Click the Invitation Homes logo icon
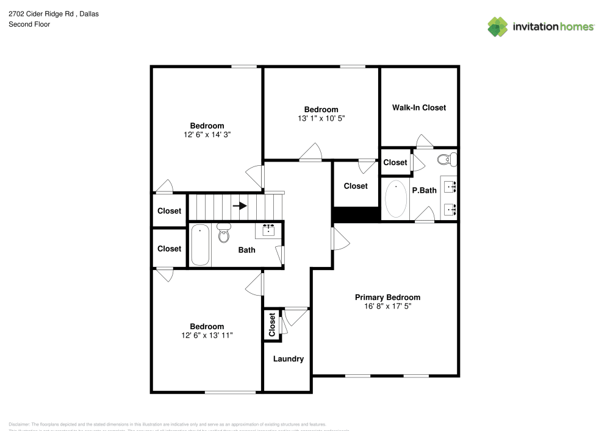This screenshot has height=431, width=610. pos(498,26)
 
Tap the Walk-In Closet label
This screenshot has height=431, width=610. pos(418,108)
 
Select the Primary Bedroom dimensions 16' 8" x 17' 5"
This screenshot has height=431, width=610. pos(387,307)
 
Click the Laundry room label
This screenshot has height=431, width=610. pos(288,359)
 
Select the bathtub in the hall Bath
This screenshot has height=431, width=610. pos(200,245)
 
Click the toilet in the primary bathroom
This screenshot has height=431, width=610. pos(447,160)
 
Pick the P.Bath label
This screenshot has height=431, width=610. pos(424,190)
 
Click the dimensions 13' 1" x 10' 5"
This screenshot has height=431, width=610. pos(321,118)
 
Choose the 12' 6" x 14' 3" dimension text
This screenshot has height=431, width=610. pos(207,134)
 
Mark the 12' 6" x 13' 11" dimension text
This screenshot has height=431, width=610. pos(207,335)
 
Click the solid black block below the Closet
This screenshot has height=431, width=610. pos(356,215)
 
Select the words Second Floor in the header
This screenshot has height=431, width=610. pos(29,24)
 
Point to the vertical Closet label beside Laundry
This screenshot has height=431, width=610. pos(272,324)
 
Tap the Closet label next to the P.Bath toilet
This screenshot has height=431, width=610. pos(395,163)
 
